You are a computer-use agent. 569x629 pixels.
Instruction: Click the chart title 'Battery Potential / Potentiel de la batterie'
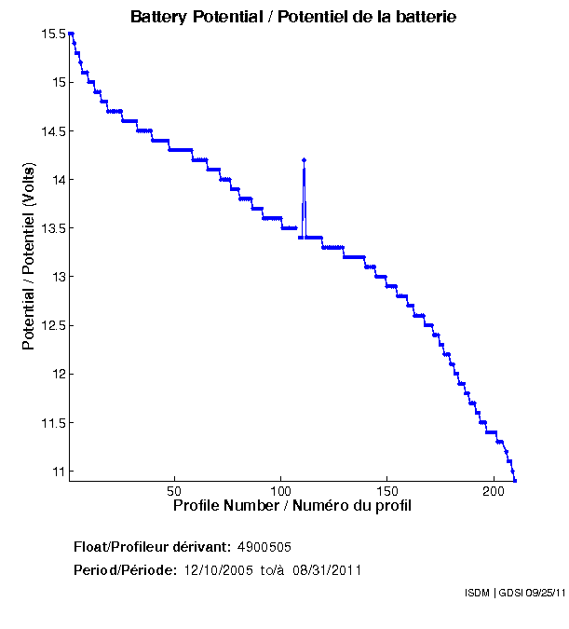[x=293, y=17]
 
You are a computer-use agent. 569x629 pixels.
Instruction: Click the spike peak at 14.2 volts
[x=305, y=160]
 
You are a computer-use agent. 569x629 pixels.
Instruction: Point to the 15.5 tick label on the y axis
[x=54, y=34]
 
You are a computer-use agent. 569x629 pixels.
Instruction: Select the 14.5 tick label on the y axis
[x=54, y=130]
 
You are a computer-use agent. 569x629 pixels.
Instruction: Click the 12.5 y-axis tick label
[x=54, y=325]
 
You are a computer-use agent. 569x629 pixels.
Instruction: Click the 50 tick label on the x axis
[x=174, y=490]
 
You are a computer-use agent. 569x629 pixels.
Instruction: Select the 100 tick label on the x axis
[x=280, y=490]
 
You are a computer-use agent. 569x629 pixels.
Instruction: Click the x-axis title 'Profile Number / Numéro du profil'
[x=292, y=506]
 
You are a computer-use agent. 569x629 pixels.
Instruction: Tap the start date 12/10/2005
[x=217, y=569]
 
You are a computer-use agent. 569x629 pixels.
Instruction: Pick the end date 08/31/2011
[x=327, y=569]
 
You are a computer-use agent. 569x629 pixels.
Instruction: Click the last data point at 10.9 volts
[x=515, y=480]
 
